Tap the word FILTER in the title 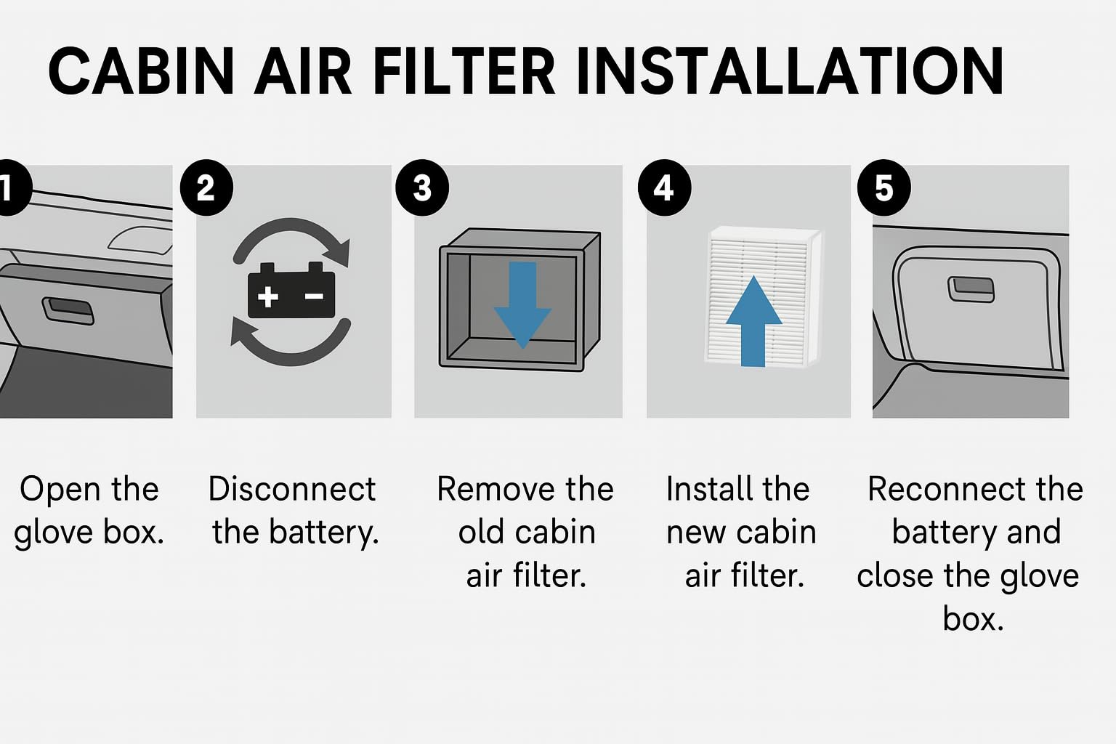pyautogui.click(x=464, y=71)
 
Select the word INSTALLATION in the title pyautogui.click(x=790, y=71)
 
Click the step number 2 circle pyautogui.click(x=206, y=189)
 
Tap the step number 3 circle pyautogui.click(x=422, y=189)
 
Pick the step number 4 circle pyautogui.click(x=664, y=189)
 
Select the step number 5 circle pyautogui.click(x=883, y=189)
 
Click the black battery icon pyautogui.click(x=291, y=292)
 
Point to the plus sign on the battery pyautogui.click(x=268, y=296)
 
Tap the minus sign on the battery pyautogui.click(x=314, y=296)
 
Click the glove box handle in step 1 pyautogui.click(x=68, y=310)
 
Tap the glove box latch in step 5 pyautogui.click(x=971, y=289)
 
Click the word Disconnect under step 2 pyautogui.click(x=292, y=489)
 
